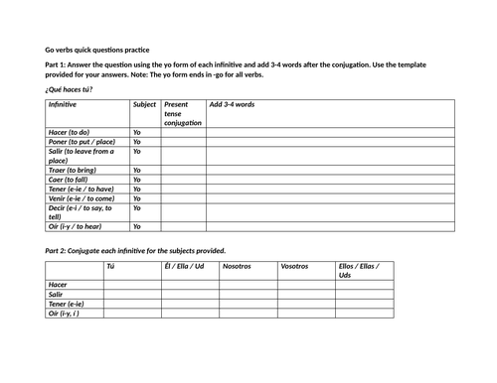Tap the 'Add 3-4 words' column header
coord(232,104)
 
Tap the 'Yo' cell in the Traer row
coord(137,170)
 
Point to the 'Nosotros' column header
coord(237,266)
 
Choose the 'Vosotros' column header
coord(294,266)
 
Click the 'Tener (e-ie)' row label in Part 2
coord(67,304)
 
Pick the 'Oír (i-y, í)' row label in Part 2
coord(65,314)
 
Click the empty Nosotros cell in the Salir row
coord(248,294)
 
